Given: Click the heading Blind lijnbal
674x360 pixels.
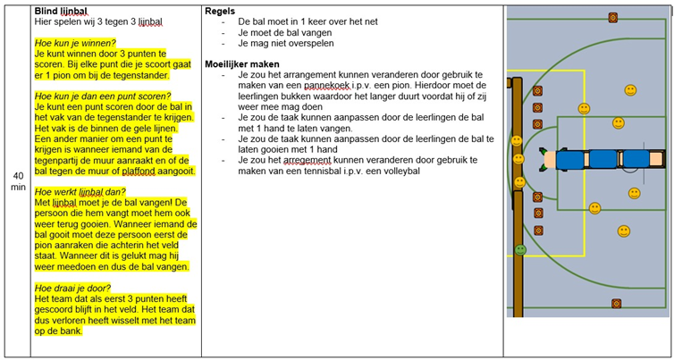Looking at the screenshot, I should [53, 10].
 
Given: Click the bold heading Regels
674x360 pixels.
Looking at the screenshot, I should [220, 10].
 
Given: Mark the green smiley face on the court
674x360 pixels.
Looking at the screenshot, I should [520, 249].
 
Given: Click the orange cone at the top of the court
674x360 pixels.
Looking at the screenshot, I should [613, 17].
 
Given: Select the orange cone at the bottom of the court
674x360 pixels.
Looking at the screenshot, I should [616, 304].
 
